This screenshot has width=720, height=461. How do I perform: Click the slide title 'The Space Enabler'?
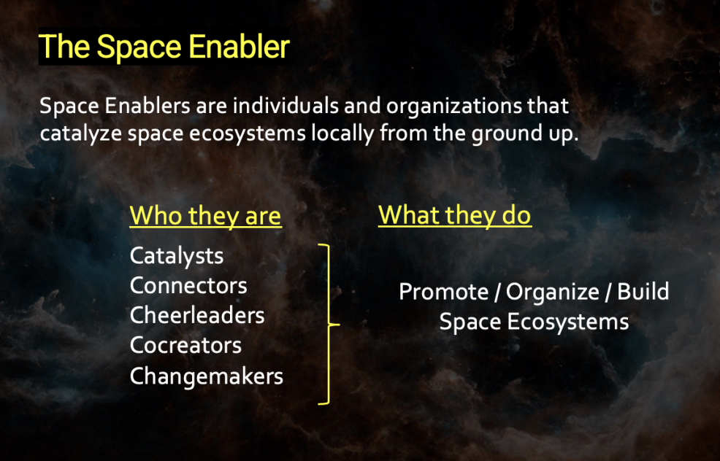click(x=164, y=47)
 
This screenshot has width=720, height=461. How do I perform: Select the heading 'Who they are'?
click(x=205, y=215)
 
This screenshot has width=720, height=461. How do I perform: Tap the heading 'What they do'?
click(x=455, y=214)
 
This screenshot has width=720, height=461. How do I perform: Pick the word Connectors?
click(x=188, y=286)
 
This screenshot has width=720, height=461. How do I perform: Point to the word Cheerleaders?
click(x=197, y=316)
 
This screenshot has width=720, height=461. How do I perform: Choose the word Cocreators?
click(x=185, y=346)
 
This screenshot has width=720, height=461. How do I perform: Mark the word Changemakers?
click(x=206, y=376)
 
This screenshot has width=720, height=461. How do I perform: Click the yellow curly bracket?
click(x=329, y=325)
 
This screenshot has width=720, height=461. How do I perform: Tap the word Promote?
click(x=443, y=292)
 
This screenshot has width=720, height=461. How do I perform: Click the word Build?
click(x=643, y=291)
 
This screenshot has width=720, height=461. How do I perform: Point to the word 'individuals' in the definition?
click(x=286, y=106)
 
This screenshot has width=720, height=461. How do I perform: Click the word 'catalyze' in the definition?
click(x=80, y=134)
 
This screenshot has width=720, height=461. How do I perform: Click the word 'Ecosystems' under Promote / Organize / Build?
click(x=567, y=322)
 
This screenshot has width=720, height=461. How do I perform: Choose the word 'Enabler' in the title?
click(x=239, y=47)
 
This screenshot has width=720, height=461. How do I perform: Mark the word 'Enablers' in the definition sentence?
click(x=147, y=106)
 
